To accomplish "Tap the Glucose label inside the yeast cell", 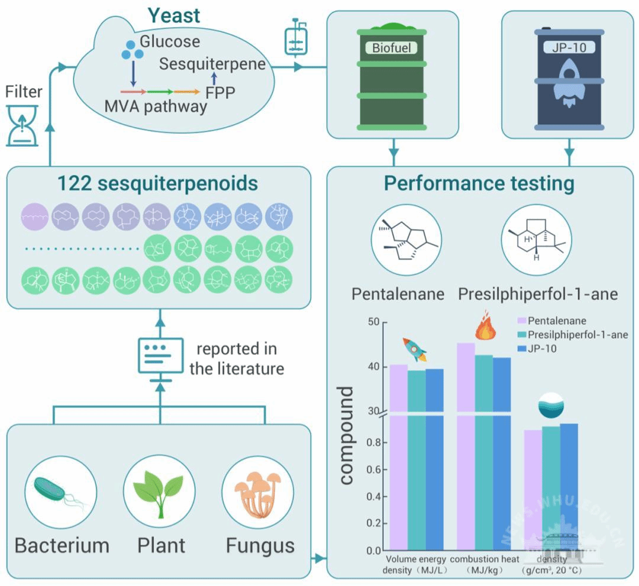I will pos(170,42).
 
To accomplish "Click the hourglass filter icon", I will pos(22,125).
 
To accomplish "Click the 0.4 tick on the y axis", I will pos(375,496).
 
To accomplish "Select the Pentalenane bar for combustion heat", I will pos(466,446).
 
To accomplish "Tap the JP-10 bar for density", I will pos(569,487).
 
